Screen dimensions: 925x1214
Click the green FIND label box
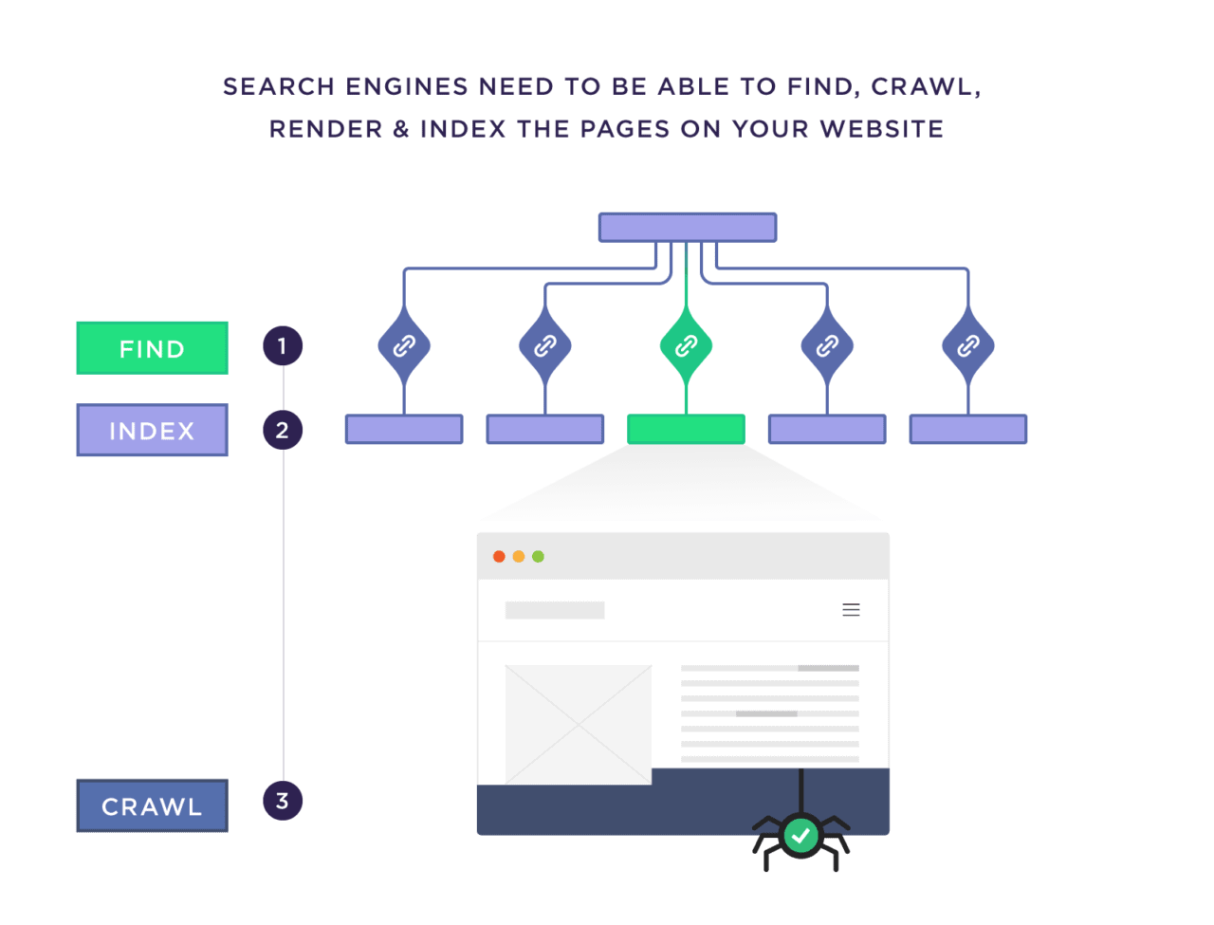(x=152, y=348)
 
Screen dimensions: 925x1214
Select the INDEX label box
(x=152, y=431)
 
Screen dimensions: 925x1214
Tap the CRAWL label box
(x=152, y=805)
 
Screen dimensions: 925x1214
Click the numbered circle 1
(x=283, y=346)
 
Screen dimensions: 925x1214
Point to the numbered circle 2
(x=283, y=430)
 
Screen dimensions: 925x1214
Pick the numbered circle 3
(x=283, y=801)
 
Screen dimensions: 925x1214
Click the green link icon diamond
(x=686, y=346)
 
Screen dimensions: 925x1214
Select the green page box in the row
(x=686, y=429)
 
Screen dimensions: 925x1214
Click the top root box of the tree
(x=688, y=228)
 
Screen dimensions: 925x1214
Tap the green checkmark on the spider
(x=801, y=835)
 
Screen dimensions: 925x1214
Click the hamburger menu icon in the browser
(x=851, y=610)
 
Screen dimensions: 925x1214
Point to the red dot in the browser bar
(x=499, y=556)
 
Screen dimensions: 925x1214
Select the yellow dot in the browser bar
(x=519, y=556)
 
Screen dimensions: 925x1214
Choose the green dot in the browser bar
(x=538, y=556)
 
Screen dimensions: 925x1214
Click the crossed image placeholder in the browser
(x=578, y=724)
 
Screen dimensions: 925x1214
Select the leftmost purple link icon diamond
(x=404, y=346)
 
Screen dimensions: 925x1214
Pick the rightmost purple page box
(x=967, y=429)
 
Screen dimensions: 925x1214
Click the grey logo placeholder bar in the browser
(x=555, y=610)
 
